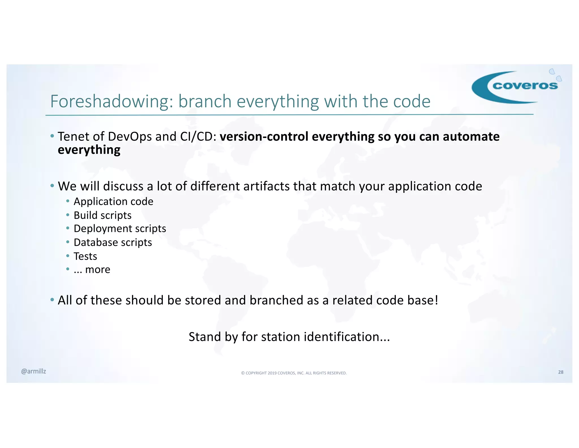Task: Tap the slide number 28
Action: (561, 372)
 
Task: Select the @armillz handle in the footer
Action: (33, 371)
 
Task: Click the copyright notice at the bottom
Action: (294, 373)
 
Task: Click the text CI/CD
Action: (198, 136)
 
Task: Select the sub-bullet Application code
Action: (113, 201)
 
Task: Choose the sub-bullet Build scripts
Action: (102, 215)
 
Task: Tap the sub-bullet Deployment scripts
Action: (120, 229)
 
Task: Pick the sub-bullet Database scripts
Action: (113, 242)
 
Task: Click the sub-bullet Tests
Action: (85, 256)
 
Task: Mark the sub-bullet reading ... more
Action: (92, 270)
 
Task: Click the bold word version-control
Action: (264, 136)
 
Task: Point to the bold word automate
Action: (471, 136)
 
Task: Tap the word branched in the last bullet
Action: (276, 300)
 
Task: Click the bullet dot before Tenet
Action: (52, 136)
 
